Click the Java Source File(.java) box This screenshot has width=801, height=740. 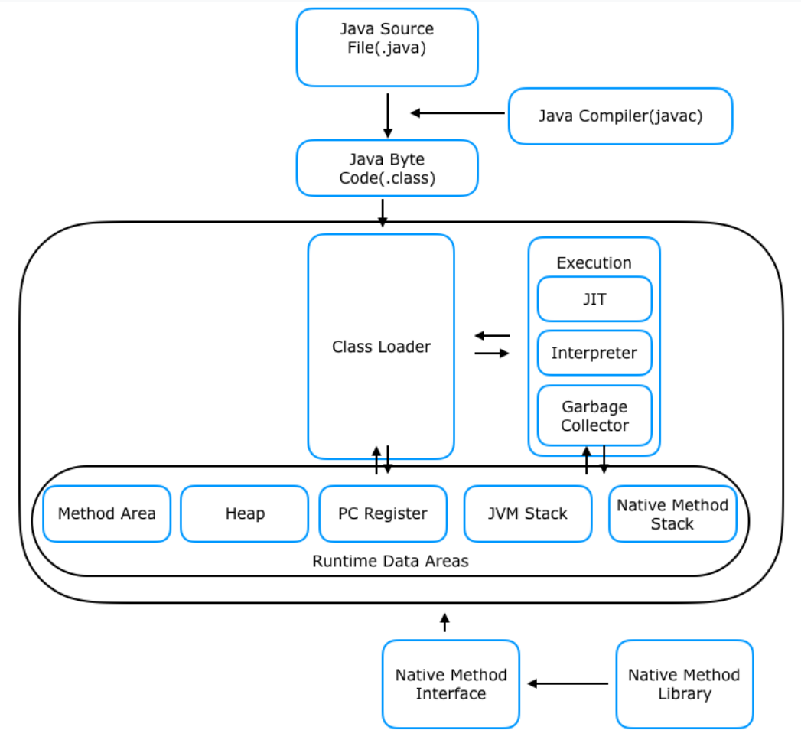pos(387,47)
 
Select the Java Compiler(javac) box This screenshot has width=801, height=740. pos(620,116)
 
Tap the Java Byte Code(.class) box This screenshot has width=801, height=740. pos(387,168)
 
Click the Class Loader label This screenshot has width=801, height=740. pos(381,347)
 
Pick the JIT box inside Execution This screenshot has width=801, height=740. pos(594,299)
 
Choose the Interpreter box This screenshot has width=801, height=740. pos(594,353)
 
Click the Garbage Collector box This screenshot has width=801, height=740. pos(594,416)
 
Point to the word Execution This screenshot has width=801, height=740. pos(594,262)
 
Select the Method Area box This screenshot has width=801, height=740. pos(107,513)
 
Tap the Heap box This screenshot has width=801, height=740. pos(245,513)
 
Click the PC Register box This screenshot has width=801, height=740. pos(383,513)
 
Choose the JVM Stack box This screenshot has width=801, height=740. pos(528,513)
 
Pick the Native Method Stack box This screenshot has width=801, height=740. pos(672,513)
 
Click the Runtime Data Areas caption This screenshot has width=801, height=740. pos(390,561)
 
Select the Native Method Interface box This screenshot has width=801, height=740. pos(451,684)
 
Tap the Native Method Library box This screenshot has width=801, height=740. pos(685,684)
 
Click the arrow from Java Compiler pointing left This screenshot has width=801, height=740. pos(457,113)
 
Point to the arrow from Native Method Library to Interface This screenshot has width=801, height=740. pos(568,683)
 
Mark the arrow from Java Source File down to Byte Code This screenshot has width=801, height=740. pos(388,116)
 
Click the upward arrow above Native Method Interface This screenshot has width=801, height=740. pos(445,622)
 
